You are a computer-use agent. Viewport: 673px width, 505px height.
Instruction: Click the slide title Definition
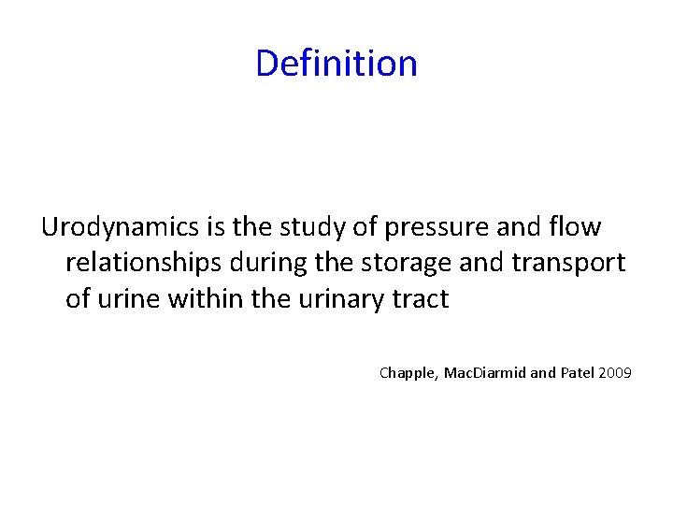click(336, 64)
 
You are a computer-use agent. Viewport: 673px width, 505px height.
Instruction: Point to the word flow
click(578, 227)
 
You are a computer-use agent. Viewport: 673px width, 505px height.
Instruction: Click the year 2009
click(616, 373)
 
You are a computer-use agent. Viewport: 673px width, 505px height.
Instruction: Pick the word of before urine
click(78, 300)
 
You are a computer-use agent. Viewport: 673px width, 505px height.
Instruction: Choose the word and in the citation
click(542, 373)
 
